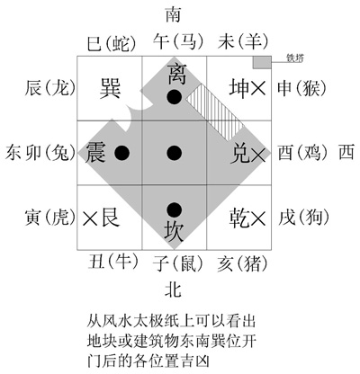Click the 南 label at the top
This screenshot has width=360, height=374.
click(173, 15)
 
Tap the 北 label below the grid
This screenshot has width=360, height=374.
click(174, 289)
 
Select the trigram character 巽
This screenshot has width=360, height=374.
click(110, 88)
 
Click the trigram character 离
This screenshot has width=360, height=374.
click(176, 74)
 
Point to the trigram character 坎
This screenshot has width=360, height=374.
click(174, 232)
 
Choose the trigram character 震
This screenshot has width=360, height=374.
click(95, 152)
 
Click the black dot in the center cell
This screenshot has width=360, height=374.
click(175, 153)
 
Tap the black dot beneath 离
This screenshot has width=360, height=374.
click(175, 97)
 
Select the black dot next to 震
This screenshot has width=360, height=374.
click(122, 153)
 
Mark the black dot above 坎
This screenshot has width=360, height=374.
click(175, 209)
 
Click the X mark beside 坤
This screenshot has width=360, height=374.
click(258, 89)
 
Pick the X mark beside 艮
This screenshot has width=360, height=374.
click(90, 218)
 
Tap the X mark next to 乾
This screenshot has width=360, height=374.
click(258, 218)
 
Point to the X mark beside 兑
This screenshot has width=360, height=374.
click(258, 155)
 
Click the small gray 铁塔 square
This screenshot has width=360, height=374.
click(262, 62)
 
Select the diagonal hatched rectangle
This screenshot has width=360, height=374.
click(214, 112)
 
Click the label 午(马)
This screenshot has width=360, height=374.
click(178, 41)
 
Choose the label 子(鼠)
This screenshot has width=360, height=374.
click(177, 263)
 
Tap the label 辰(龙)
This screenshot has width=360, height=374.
click(50, 88)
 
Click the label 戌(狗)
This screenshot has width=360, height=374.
click(303, 218)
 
